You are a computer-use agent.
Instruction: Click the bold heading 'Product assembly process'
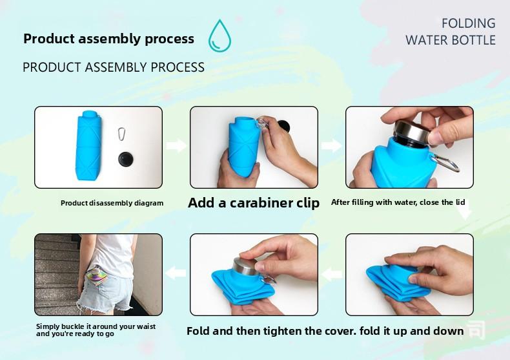pos(108,39)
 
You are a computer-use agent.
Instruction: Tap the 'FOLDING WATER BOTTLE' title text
pos(450,32)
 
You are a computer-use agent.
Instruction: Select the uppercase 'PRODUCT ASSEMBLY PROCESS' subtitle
pos(114,67)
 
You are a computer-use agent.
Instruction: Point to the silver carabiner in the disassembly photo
pos(120,134)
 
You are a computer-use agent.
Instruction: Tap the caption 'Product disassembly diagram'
pos(112,203)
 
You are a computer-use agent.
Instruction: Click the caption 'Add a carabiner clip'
pos(254,203)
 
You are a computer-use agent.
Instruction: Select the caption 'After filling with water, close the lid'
pos(398,202)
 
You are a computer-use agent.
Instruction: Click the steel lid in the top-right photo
pos(411,131)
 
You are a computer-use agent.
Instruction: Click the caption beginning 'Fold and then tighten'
pos(325,331)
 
